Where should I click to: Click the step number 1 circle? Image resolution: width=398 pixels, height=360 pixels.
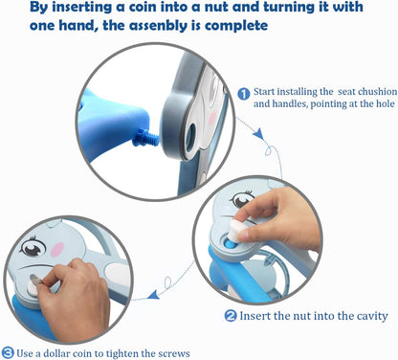(x=244, y=94)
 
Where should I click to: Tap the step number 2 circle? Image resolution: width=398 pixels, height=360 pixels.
(x=231, y=316)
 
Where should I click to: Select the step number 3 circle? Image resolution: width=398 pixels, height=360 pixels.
(x=8, y=353)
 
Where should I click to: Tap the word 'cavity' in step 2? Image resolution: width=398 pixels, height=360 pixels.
(x=372, y=316)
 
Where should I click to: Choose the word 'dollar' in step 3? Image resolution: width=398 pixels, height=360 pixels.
(x=56, y=353)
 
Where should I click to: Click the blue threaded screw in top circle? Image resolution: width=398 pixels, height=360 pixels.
(x=146, y=140)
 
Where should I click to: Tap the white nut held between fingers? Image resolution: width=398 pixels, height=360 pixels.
(x=237, y=230)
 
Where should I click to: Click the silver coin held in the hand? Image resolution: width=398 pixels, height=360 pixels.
(x=35, y=281)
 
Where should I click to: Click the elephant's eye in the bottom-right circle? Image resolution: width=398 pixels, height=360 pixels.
(x=242, y=199)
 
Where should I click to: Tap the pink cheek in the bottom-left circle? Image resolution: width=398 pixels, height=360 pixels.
(x=57, y=249)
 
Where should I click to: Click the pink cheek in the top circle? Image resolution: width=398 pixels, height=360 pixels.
(x=212, y=119)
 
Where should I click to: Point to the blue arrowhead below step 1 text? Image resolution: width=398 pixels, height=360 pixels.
(x=259, y=133)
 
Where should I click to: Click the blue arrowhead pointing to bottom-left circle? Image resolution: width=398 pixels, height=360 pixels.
(x=154, y=295)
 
